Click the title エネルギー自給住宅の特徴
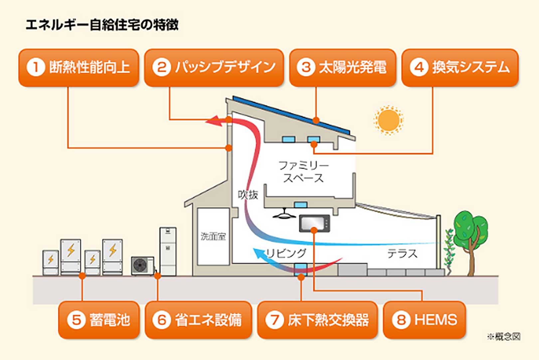[x=102, y=25]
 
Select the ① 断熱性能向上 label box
[x=79, y=67]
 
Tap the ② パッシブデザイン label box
[x=214, y=67]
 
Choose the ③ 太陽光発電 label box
[x=342, y=67]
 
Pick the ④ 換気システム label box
[x=460, y=67]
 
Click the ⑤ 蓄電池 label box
[x=99, y=320]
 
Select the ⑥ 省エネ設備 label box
[x=198, y=320]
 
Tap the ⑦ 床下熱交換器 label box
[x=317, y=320]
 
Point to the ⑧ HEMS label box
[x=424, y=320]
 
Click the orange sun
[x=388, y=120]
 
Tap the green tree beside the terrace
[x=470, y=233]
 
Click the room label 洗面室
[x=213, y=236]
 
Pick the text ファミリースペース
[x=303, y=172]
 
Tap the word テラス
[x=402, y=254]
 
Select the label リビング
[x=286, y=253]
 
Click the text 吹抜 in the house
[x=248, y=194]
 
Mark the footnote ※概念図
[x=503, y=337]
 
